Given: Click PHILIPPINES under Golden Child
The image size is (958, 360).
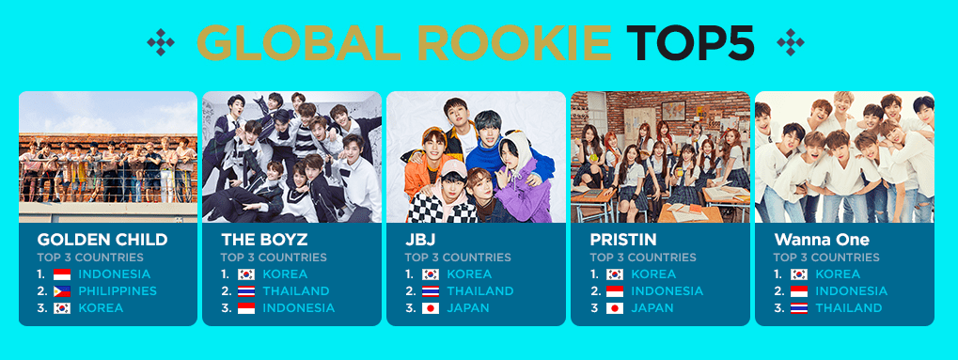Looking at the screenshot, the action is click(118, 291).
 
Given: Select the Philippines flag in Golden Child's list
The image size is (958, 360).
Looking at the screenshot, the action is click(62, 291).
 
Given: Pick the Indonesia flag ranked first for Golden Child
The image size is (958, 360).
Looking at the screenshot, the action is click(62, 274).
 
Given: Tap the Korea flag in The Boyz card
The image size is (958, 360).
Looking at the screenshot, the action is click(246, 274).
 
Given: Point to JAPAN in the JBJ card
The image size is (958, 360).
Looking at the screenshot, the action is click(468, 308).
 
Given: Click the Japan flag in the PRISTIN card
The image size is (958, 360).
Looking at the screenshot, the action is click(615, 308).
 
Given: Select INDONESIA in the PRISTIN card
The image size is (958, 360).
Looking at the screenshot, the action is click(667, 291).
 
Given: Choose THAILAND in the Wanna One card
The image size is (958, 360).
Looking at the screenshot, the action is click(849, 308).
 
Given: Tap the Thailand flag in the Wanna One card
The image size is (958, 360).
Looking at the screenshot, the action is click(799, 308).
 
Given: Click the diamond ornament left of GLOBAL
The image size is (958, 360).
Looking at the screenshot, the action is click(161, 43).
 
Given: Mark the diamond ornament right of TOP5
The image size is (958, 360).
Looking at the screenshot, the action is click(791, 43).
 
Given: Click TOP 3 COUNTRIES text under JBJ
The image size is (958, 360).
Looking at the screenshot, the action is click(458, 258).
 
